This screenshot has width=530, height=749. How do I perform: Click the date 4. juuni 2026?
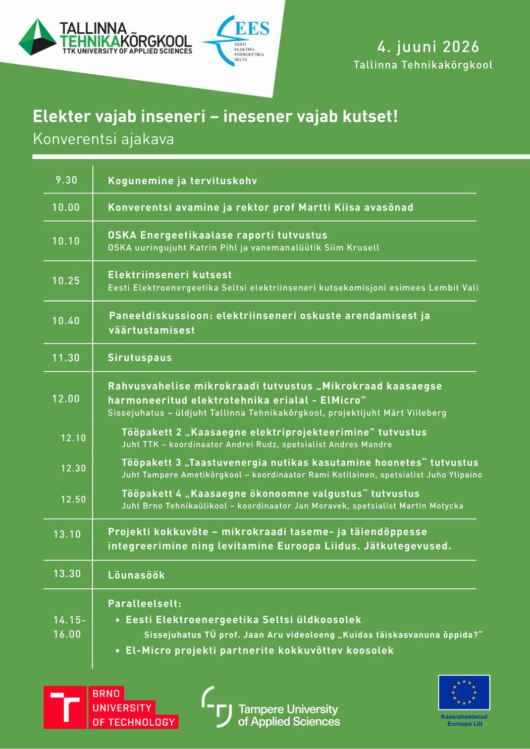(428, 47)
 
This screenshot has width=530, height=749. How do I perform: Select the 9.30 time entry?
(66, 180)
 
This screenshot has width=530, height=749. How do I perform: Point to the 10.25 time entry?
(66, 281)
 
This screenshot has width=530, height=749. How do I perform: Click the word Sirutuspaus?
(140, 357)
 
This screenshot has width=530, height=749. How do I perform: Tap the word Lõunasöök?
(136, 575)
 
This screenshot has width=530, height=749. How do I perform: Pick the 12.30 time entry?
(73, 468)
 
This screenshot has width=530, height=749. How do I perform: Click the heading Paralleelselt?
(145, 603)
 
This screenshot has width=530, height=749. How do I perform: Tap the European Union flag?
(464, 692)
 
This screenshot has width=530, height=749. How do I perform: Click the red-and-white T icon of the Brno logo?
(64, 707)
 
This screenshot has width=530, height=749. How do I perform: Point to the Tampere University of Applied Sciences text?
(289, 715)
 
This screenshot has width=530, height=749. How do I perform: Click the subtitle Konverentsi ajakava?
(103, 139)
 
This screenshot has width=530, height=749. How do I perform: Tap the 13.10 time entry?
(67, 534)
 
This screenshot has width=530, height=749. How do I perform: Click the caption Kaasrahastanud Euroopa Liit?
(464, 720)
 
